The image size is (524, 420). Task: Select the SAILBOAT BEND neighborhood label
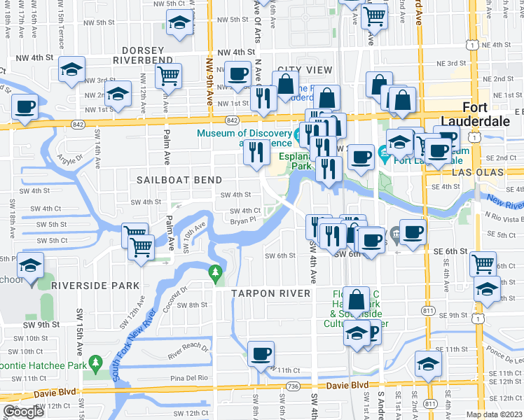coord(169,180)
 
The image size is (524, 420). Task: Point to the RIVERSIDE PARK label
coord(95,286)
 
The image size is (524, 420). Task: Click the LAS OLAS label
coord(497,171)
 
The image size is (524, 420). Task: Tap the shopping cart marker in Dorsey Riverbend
coord(169,75)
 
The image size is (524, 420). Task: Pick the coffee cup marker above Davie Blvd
coord(261,352)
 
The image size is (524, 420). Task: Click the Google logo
coord(23,412)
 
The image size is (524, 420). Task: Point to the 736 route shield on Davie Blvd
coord(293,386)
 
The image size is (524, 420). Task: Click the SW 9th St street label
coord(39,325)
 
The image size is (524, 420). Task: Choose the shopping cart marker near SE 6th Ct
coord(483,264)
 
